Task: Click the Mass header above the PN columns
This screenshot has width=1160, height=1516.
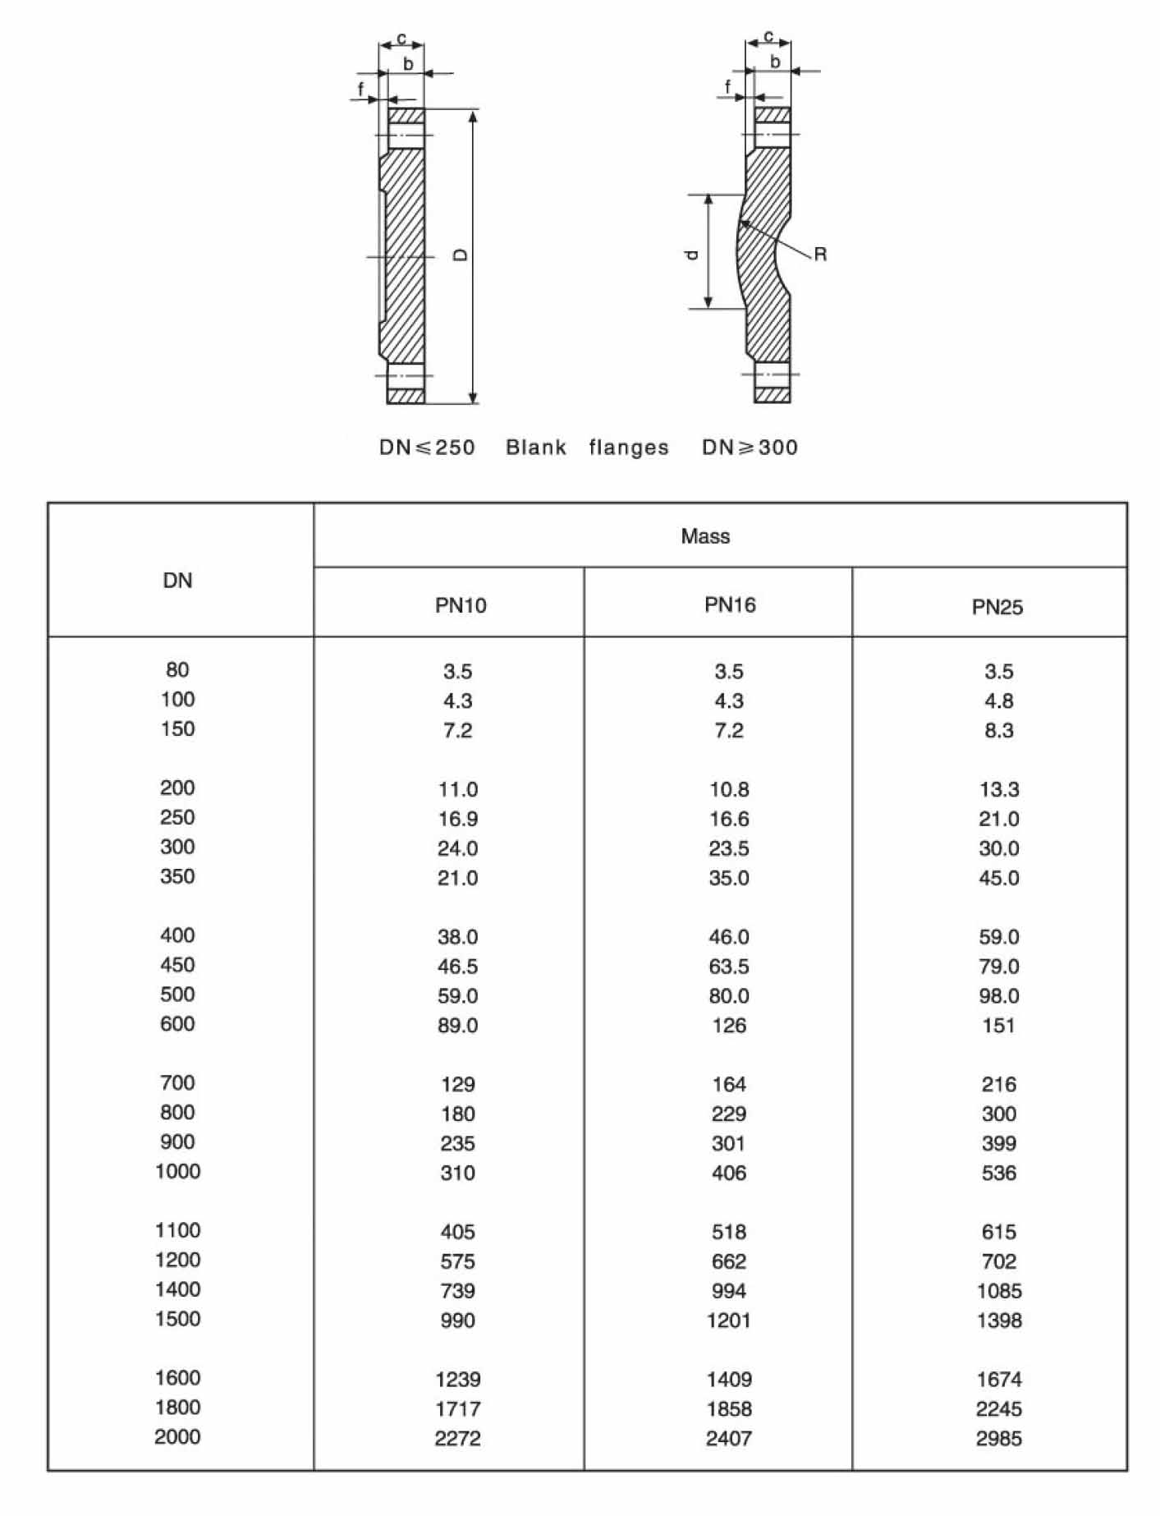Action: click(x=705, y=536)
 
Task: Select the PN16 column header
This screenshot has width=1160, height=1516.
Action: click(x=730, y=605)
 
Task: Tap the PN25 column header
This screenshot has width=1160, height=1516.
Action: click(x=997, y=607)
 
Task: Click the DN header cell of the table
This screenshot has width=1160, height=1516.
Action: click(x=177, y=581)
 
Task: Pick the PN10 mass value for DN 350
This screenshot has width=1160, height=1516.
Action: click(x=457, y=878)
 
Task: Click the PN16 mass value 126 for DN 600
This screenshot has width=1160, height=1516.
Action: click(x=729, y=1025)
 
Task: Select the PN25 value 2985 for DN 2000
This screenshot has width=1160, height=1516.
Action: click(x=998, y=1438)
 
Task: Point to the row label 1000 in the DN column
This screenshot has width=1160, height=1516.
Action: click(x=177, y=1171)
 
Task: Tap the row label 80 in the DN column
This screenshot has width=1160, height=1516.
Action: click(x=177, y=670)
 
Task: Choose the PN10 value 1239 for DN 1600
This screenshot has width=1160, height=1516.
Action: click(x=457, y=1379)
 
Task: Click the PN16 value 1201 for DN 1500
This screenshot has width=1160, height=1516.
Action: click(x=729, y=1320)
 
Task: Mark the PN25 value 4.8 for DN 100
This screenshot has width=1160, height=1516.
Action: click(x=998, y=701)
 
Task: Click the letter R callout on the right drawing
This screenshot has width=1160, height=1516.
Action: click(x=820, y=255)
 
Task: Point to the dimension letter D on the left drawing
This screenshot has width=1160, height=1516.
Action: click(x=461, y=255)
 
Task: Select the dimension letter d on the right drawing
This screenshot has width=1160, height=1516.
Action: click(x=693, y=255)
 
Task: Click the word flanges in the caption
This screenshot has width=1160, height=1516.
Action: click(x=629, y=448)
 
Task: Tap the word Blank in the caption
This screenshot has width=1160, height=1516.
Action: click(x=536, y=448)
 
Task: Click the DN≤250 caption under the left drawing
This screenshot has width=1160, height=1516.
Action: click(x=427, y=448)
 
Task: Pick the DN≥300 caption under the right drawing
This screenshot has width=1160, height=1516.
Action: click(x=750, y=448)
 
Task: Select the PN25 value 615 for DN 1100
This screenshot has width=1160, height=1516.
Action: click(x=998, y=1231)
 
